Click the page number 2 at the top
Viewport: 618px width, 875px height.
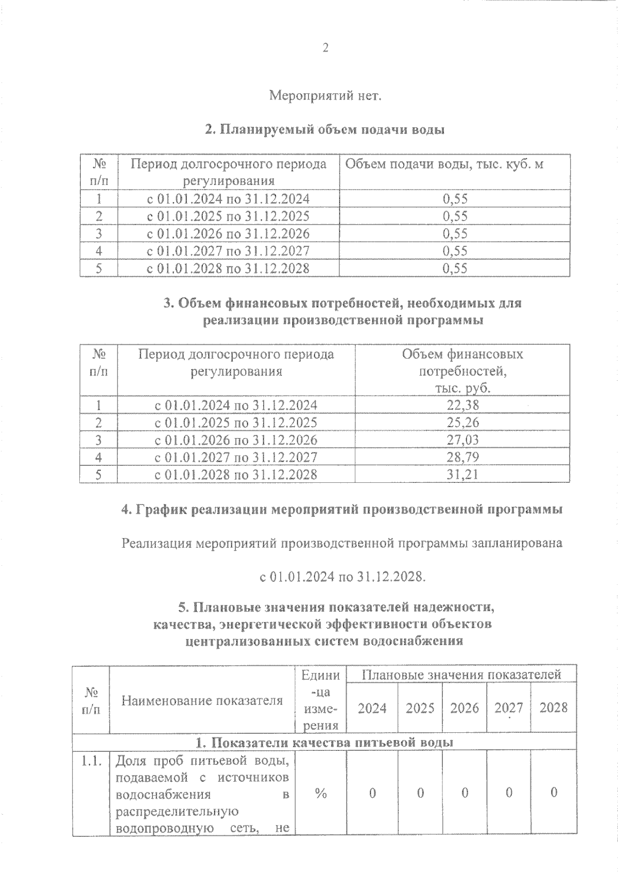pyautogui.click(x=325, y=48)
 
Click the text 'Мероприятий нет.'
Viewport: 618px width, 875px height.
pyautogui.click(x=325, y=96)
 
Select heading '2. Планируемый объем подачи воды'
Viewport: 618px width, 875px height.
pyautogui.click(x=325, y=130)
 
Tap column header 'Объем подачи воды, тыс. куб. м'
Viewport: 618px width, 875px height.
pyautogui.click(x=444, y=164)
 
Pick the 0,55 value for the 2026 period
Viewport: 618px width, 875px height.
pyautogui.click(x=455, y=234)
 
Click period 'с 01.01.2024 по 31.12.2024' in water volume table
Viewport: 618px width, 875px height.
pyautogui.click(x=229, y=199)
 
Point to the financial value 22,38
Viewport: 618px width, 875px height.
pyautogui.click(x=462, y=406)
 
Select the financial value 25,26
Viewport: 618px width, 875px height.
pyautogui.click(x=462, y=423)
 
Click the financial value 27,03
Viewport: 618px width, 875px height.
pyautogui.click(x=462, y=440)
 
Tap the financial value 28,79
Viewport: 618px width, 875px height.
pyautogui.click(x=462, y=457)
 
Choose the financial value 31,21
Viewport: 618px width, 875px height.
pyautogui.click(x=462, y=474)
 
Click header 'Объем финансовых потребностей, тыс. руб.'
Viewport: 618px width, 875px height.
pyautogui.click(x=462, y=371)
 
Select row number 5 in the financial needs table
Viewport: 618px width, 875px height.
pyautogui.click(x=98, y=474)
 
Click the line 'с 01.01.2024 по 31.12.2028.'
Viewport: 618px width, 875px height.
pyautogui.click(x=342, y=577)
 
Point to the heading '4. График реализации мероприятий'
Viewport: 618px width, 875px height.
pyautogui.click(x=341, y=510)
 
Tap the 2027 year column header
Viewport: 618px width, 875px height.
pyautogui.click(x=509, y=708)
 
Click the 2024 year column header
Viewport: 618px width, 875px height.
pyautogui.click(x=372, y=708)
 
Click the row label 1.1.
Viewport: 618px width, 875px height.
pyautogui.click(x=91, y=761)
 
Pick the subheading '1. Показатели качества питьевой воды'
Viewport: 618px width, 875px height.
pyautogui.click(x=324, y=743)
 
